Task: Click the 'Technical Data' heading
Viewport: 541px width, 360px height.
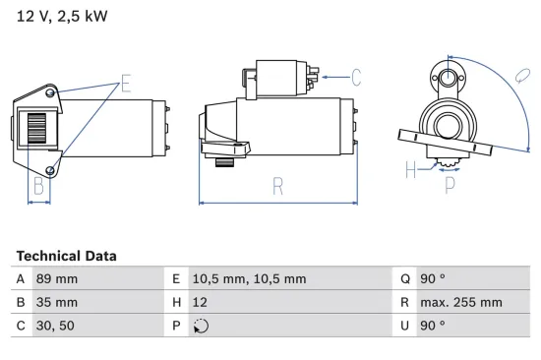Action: (x=66, y=256)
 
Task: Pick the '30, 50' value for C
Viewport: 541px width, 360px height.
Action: (x=54, y=326)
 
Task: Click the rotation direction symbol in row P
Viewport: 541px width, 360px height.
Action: (x=202, y=326)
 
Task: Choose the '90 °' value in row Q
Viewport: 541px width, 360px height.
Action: (x=433, y=278)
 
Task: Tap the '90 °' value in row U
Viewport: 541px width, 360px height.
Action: (x=433, y=326)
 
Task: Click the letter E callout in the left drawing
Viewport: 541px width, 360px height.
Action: (x=125, y=84)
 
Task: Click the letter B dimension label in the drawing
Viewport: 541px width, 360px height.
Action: (x=38, y=184)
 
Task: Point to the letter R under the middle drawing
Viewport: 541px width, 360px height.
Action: (x=278, y=183)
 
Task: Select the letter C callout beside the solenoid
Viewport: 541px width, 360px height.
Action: (x=356, y=75)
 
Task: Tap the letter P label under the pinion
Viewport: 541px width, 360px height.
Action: (x=451, y=181)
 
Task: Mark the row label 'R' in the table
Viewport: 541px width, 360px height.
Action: (x=404, y=302)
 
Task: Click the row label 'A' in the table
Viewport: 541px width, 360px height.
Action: (x=22, y=278)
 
